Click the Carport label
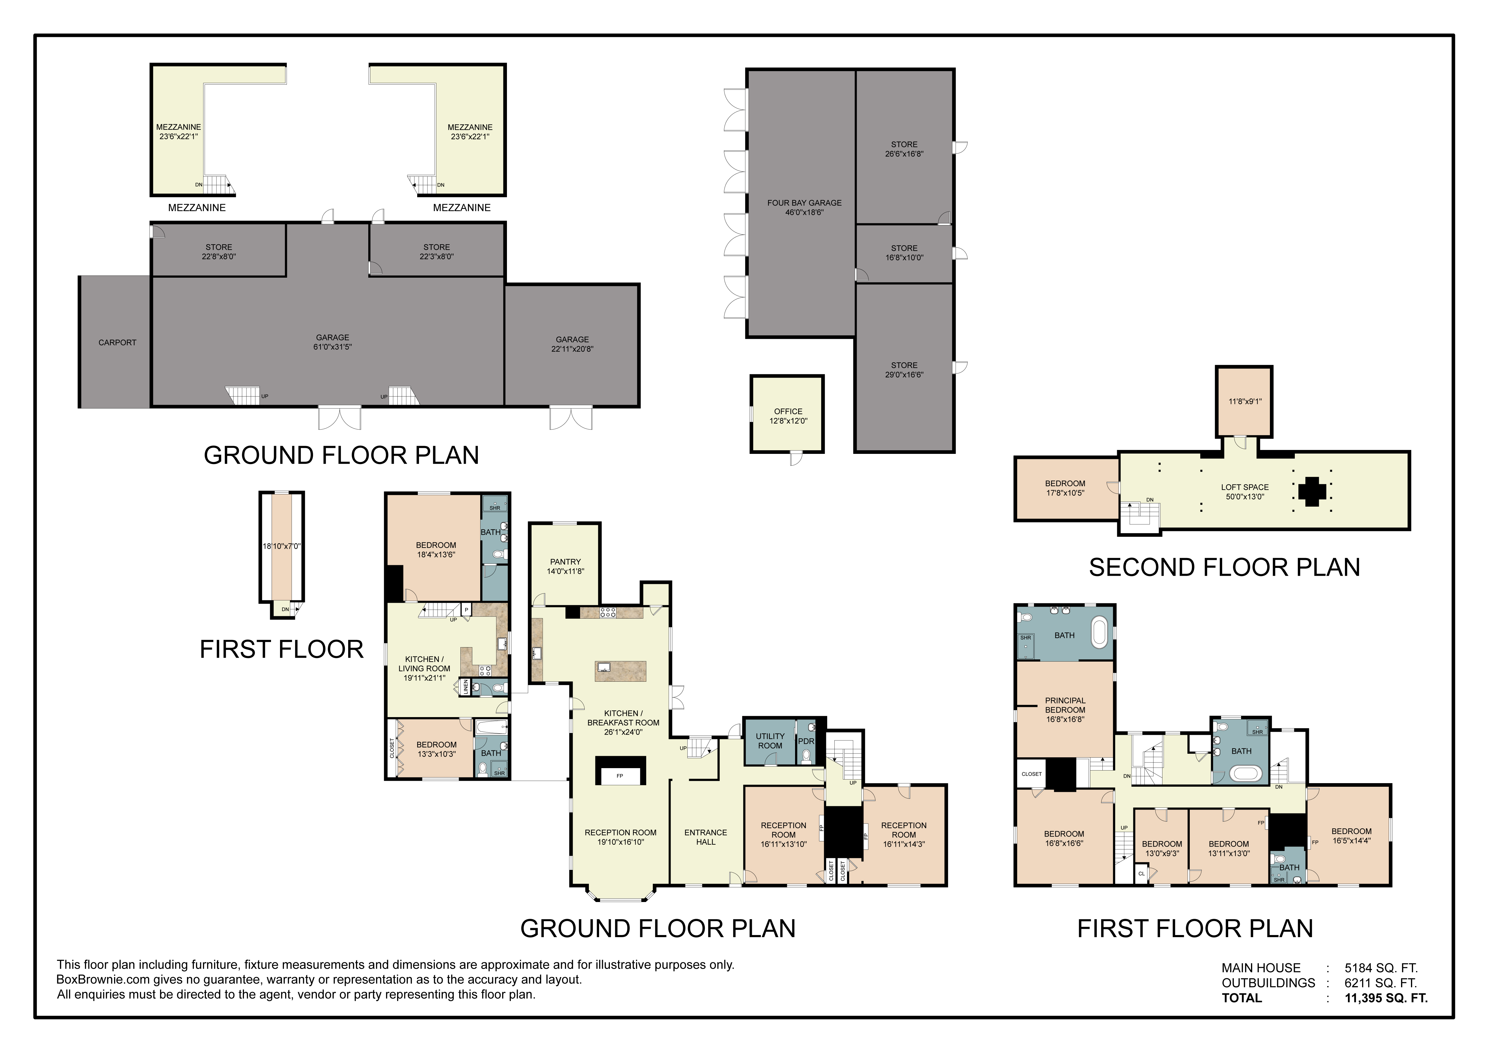click(x=117, y=342)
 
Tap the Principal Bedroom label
click(x=1065, y=709)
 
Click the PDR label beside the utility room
click(x=806, y=741)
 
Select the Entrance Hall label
click(x=706, y=837)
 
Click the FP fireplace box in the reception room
click(x=620, y=775)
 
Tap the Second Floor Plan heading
click(x=1224, y=567)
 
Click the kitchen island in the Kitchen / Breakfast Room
click(x=621, y=671)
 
